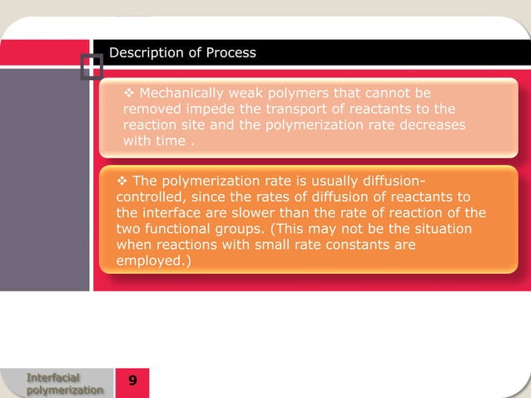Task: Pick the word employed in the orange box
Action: coord(146,261)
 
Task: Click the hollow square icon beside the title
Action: coord(92,65)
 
